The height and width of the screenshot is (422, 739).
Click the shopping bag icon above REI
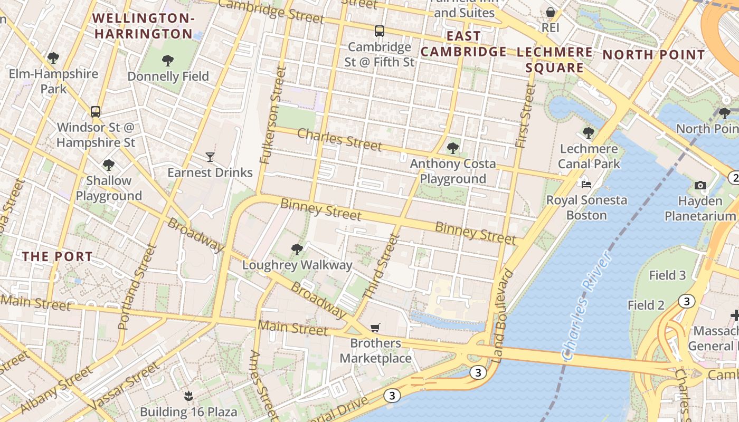coord(551,12)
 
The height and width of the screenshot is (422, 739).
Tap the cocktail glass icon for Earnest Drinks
coord(210,157)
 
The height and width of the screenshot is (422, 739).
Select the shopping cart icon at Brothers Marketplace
coord(375,328)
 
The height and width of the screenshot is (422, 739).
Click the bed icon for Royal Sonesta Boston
coord(586,185)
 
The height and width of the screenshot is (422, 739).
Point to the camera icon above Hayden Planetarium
coord(700,185)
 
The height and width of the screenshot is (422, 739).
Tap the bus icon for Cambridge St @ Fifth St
coord(380,31)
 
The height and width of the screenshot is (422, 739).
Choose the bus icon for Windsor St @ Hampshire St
coord(96,111)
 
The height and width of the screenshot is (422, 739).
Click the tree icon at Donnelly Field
coord(168,61)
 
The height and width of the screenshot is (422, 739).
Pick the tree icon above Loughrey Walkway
coord(297,249)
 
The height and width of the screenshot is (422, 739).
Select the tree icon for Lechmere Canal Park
coord(589,133)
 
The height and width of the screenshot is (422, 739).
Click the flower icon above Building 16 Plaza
coord(187,396)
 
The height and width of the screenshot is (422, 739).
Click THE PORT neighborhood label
coord(57,257)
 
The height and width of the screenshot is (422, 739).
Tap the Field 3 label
coord(667,275)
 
